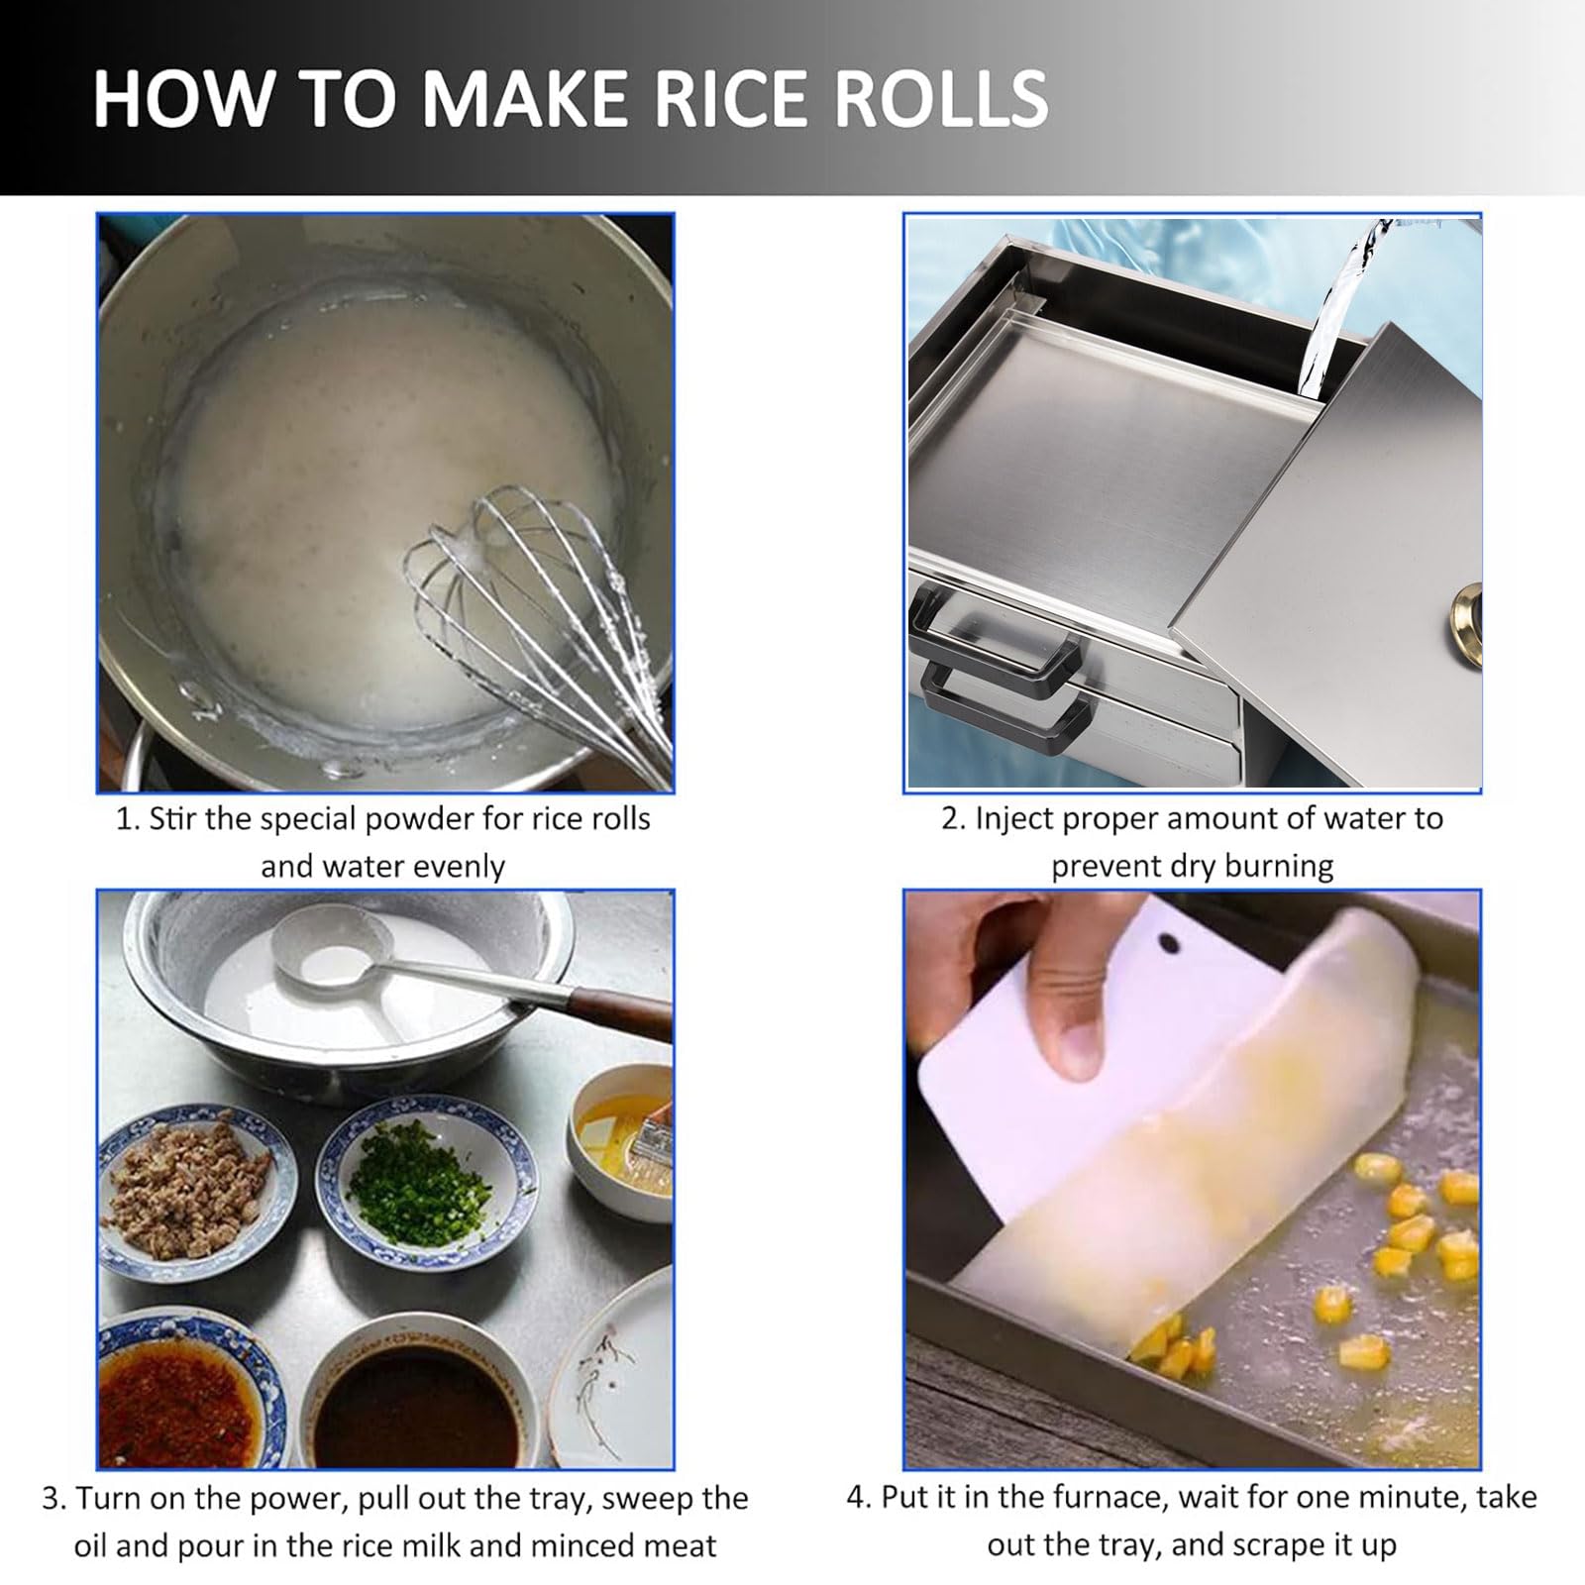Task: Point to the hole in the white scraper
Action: (x=1170, y=942)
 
